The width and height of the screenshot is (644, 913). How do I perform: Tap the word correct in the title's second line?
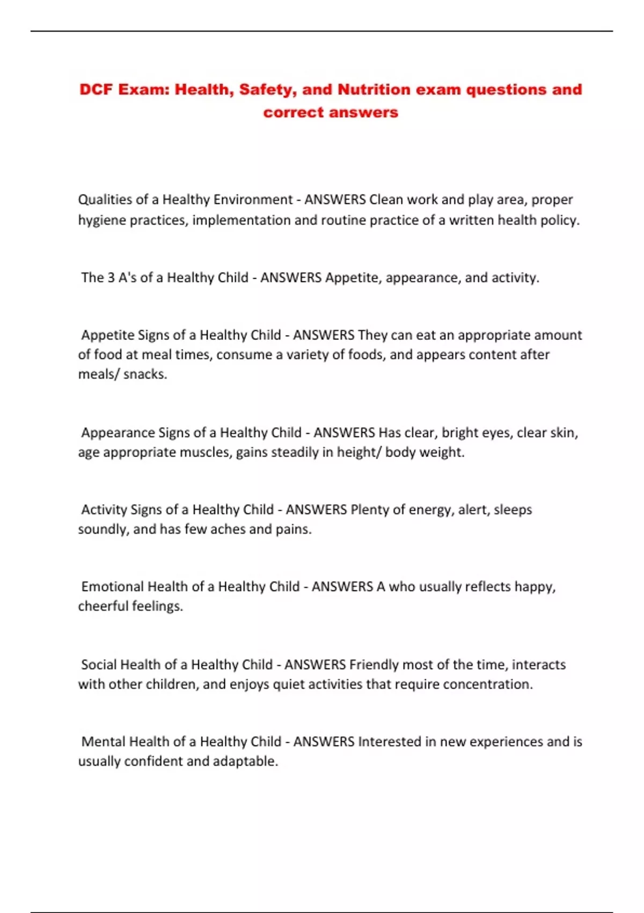[294, 112]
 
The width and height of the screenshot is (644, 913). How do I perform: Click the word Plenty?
[370, 509]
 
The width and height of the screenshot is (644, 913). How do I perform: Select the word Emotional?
[112, 586]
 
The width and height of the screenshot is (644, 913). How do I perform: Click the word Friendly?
[374, 665]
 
